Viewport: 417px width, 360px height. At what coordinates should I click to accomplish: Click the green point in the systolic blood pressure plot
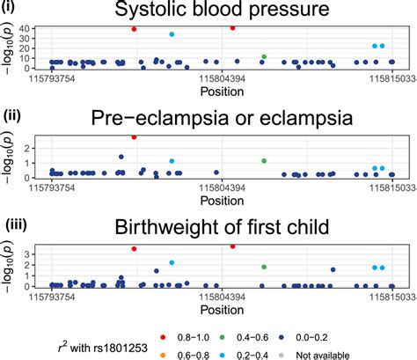click(x=263, y=56)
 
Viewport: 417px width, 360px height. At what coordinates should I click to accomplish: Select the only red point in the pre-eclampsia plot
click(x=134, y=137)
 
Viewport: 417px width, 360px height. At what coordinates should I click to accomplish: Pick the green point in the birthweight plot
click(x=263, y=266)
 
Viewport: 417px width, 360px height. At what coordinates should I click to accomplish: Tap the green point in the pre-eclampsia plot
click(x=263, y=161)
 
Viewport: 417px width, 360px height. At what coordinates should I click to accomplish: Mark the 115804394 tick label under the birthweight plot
click(x=223, y=298)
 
